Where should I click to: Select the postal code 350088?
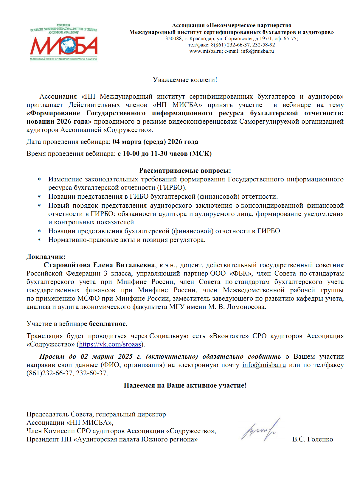click(x=173, y=38)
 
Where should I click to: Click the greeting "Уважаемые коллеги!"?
click(x=185, y=80)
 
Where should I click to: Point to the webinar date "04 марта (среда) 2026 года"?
click(x=155, y=142)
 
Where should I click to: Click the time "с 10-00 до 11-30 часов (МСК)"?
click(x=165, y=154)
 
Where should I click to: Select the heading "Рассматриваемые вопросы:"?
click(x=185, y=171)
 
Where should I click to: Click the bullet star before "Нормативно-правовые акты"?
click(x=39, y=240)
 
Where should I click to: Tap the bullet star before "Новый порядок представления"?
click(x=39, y=206)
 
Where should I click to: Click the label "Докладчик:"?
click(x=46, y=257)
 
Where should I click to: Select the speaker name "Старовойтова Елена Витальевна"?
click(x=99, y=265)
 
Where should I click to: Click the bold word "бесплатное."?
click(x=108, y=324)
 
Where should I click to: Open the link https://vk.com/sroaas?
click(x=110, y=344)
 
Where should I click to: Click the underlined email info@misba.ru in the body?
click(x=264, y=365)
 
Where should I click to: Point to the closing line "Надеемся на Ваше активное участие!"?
click(x=185, y=385)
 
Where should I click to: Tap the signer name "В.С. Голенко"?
click(x=313, y=439)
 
